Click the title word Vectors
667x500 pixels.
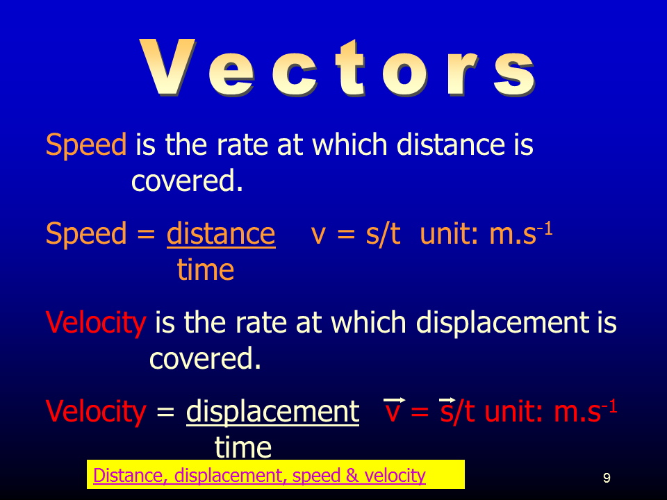coord(337,68)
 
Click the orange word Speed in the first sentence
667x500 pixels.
coord(86,144)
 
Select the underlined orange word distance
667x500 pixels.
coord(221,233)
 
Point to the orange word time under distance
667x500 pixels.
coord(206,269)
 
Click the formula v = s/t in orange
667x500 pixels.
coord(356,234)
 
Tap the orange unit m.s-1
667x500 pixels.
coord(520,233)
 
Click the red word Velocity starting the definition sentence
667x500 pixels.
coord(96,322)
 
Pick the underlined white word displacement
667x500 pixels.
coord(272,412)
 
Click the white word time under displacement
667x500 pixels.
coord(243,447)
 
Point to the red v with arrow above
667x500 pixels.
coord(394,410)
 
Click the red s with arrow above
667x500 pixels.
coord(447,410)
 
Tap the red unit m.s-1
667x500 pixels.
coord(585,410)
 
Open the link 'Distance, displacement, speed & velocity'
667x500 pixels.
coord(259,475)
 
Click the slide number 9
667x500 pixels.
coord(607,478)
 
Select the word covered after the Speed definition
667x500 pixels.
coord(187,181)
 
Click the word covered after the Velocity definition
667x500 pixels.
coord(205,358)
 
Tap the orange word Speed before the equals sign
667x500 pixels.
coord(86,234)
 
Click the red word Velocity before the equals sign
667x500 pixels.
coord(96,412)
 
